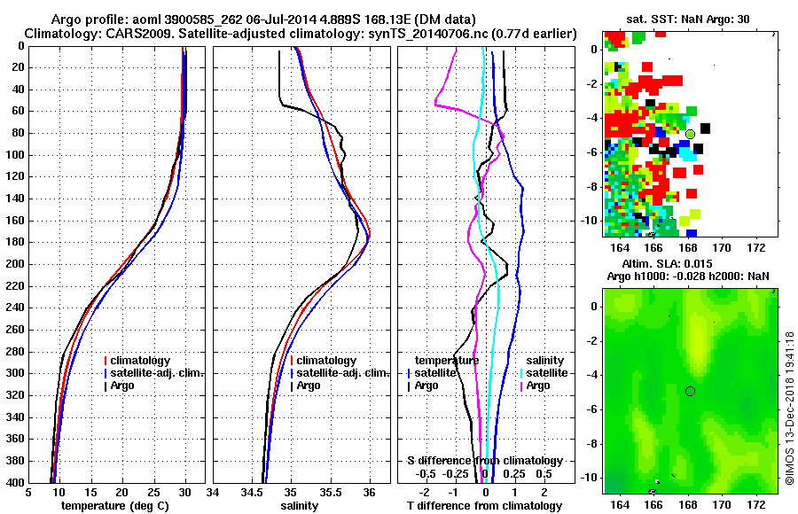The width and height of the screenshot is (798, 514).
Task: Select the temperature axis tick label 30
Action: pyautogui.click(x=184, y=493)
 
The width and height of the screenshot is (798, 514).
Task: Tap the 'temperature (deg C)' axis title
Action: pyautogui.click(x=114, y=505)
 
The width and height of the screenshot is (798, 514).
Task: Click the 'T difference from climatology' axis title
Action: pyautogui.click(x=484, y=505)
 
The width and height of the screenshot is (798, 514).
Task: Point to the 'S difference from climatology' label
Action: pyautogui.click(x=484, y=461)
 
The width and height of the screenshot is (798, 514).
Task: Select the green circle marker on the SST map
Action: pyautogui.click(x=690, y=134)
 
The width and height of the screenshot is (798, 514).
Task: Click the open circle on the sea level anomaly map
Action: pyautogui.click(x=690, y=391)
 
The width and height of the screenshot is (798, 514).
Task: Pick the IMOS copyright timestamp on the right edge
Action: pyautogui.click(x=789, y=408)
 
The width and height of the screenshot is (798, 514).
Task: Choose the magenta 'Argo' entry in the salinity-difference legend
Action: pyautogui.click(x=537, y=385)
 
